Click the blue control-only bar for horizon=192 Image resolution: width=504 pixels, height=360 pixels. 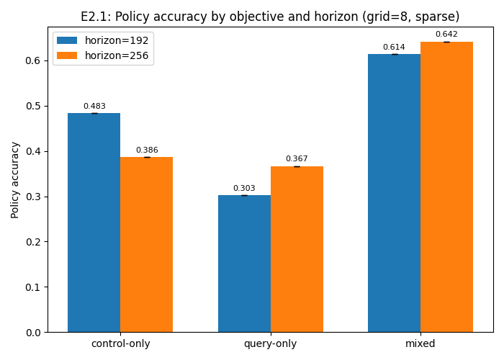pyautogui.click(x=94, y=222)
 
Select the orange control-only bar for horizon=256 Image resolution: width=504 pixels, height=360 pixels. pyautogui.click(x=146, y=245)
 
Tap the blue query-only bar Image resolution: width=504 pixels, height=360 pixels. pyautogui.click(x=244, y=264)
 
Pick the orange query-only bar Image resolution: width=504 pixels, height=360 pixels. pyautogui.click(x=297, y=249)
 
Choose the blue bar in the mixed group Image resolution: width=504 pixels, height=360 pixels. pyautogui.click(x=394, y=193)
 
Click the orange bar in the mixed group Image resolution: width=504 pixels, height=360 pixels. pyautogui.click(x=446, y=186)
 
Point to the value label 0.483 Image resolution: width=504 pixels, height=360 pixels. pyautogui.click(x=94, y=107)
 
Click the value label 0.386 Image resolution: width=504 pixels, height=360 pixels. pyautogui.click(x=147, y=150)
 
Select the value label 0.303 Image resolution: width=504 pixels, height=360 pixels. pyautogui.click(x=244, y=189)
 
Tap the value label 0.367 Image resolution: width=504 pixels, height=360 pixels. pyautogui.click(x=297, y=159)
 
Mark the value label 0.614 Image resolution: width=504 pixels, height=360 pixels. pyautogui.click(x=394, y=48)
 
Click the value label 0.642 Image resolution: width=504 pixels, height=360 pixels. pyautogui.click(x=446, y=35)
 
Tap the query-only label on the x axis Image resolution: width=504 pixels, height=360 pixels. pyautogui.click(x=270, y=344)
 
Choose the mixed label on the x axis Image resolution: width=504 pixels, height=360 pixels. pyautogui.click(x=420, y=344)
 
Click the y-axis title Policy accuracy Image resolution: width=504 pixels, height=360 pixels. pyautogui.click(x=15, y=179)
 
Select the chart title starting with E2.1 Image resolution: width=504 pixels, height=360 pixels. pyautogui.click(x=270, y=17)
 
